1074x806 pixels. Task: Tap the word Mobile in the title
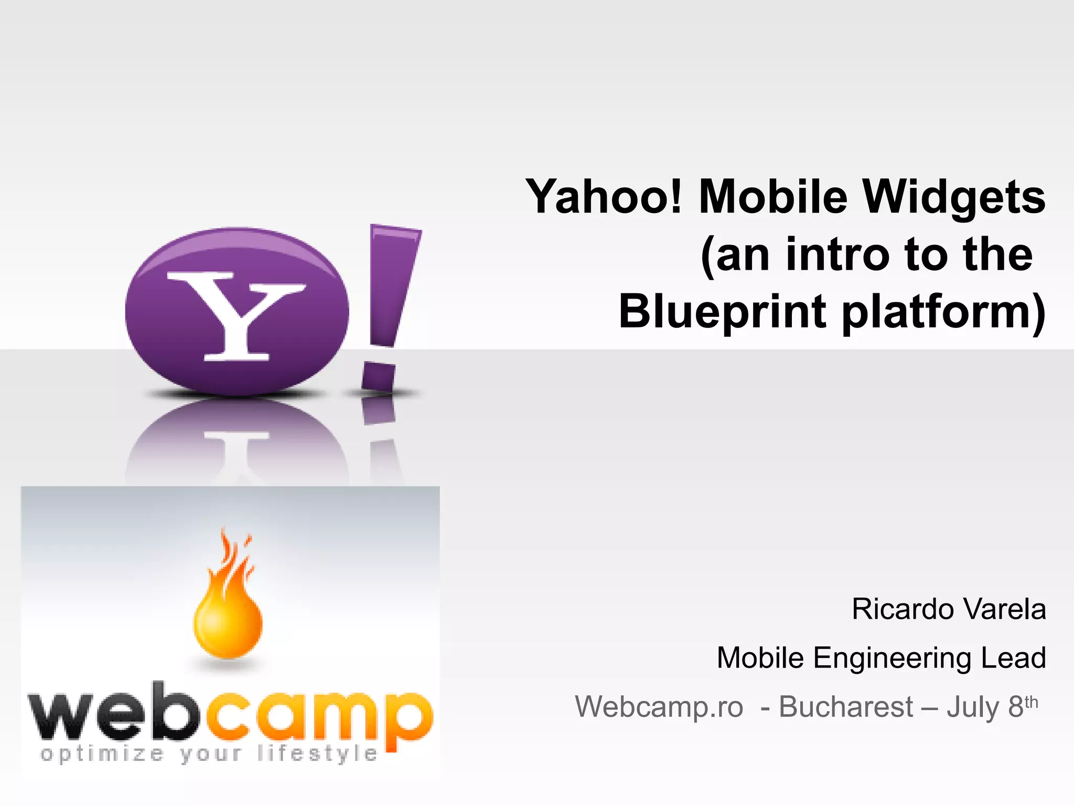pyautogui.click(x=773, y=197)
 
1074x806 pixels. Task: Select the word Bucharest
pyautogui.click(x=846, y=707)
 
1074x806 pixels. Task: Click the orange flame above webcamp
pyautogui.click(x=228, y=603)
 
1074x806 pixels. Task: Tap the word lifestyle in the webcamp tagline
pyautogui.click(x=317, y=755)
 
